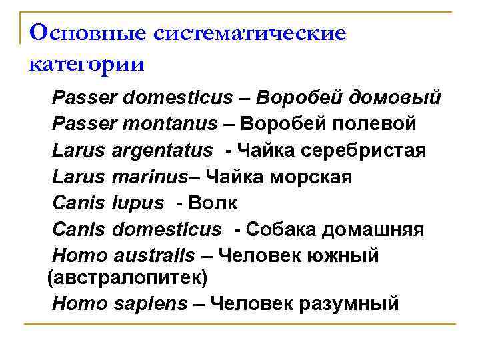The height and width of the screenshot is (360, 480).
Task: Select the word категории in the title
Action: (x=87, y=65)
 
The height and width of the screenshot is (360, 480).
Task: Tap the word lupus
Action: (x=138, y=203)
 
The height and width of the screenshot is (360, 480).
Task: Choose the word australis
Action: (x=154, y=256)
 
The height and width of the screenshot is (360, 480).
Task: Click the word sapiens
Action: (x=147, y=303)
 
